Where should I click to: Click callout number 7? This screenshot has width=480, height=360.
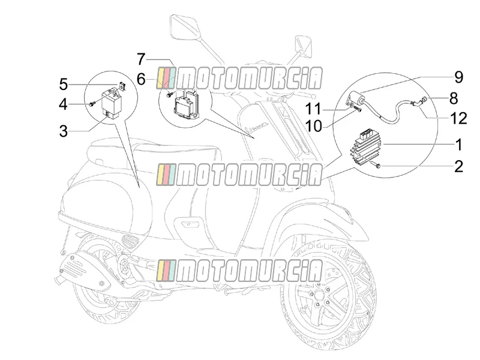[x=141, y=59]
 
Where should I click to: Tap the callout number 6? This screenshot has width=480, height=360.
[x=141, y=80]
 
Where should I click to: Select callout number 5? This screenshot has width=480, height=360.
[x=64, y=85]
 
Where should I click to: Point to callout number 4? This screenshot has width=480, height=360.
[x=64, y=104]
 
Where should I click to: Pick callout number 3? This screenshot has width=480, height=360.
[x=64, y=131]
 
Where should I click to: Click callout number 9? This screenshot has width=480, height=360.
[x=458, y=77]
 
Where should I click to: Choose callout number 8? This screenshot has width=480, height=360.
[x=454, y=98]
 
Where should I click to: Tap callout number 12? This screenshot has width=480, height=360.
[x=459, y=118]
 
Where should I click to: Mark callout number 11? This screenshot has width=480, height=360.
[x=313, y=109]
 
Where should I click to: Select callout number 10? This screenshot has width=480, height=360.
[x=314, y=126]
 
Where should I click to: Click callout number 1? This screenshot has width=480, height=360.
[x=458, y=145]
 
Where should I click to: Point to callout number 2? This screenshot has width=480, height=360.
[x=458, y=167]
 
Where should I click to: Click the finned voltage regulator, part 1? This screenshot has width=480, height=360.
[x=367, y=148]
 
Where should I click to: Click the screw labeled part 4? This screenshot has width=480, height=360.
[x=92, y=104]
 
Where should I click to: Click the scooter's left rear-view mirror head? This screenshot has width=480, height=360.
[x=184, y=27]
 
